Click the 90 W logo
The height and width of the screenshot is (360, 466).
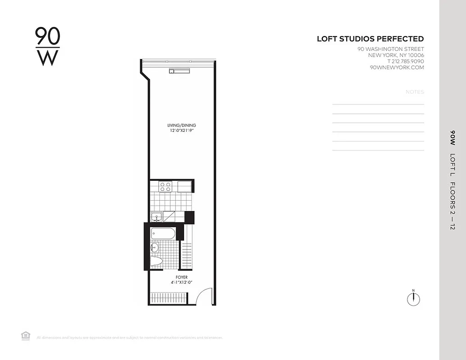[x=47, y=46]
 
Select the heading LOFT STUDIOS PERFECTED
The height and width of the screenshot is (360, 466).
[x=370, y=39]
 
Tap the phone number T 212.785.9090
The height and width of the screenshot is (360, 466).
[x=405, y=61]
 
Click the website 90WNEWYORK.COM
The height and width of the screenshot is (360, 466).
[x=396, y=67]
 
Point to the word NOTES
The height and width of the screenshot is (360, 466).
[x=415, y=92]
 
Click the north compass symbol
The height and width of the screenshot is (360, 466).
[x=413, y=298]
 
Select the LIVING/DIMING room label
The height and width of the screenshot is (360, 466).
[x=181, y=125]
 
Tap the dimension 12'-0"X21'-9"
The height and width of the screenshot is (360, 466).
[x=181, y=130]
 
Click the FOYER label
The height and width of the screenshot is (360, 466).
[x=182, y=277]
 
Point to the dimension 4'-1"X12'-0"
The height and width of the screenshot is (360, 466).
[x=182, y=283]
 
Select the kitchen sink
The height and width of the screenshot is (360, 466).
[x=157, y=217]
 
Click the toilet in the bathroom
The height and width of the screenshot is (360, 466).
[x=156, y=262]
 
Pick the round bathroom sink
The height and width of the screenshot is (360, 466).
[x=154, y=247]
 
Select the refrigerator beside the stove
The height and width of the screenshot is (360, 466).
[x=185, y=186]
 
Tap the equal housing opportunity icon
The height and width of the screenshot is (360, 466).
[x=26, y=335]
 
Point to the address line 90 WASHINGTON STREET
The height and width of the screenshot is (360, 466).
[x=390, y=49]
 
